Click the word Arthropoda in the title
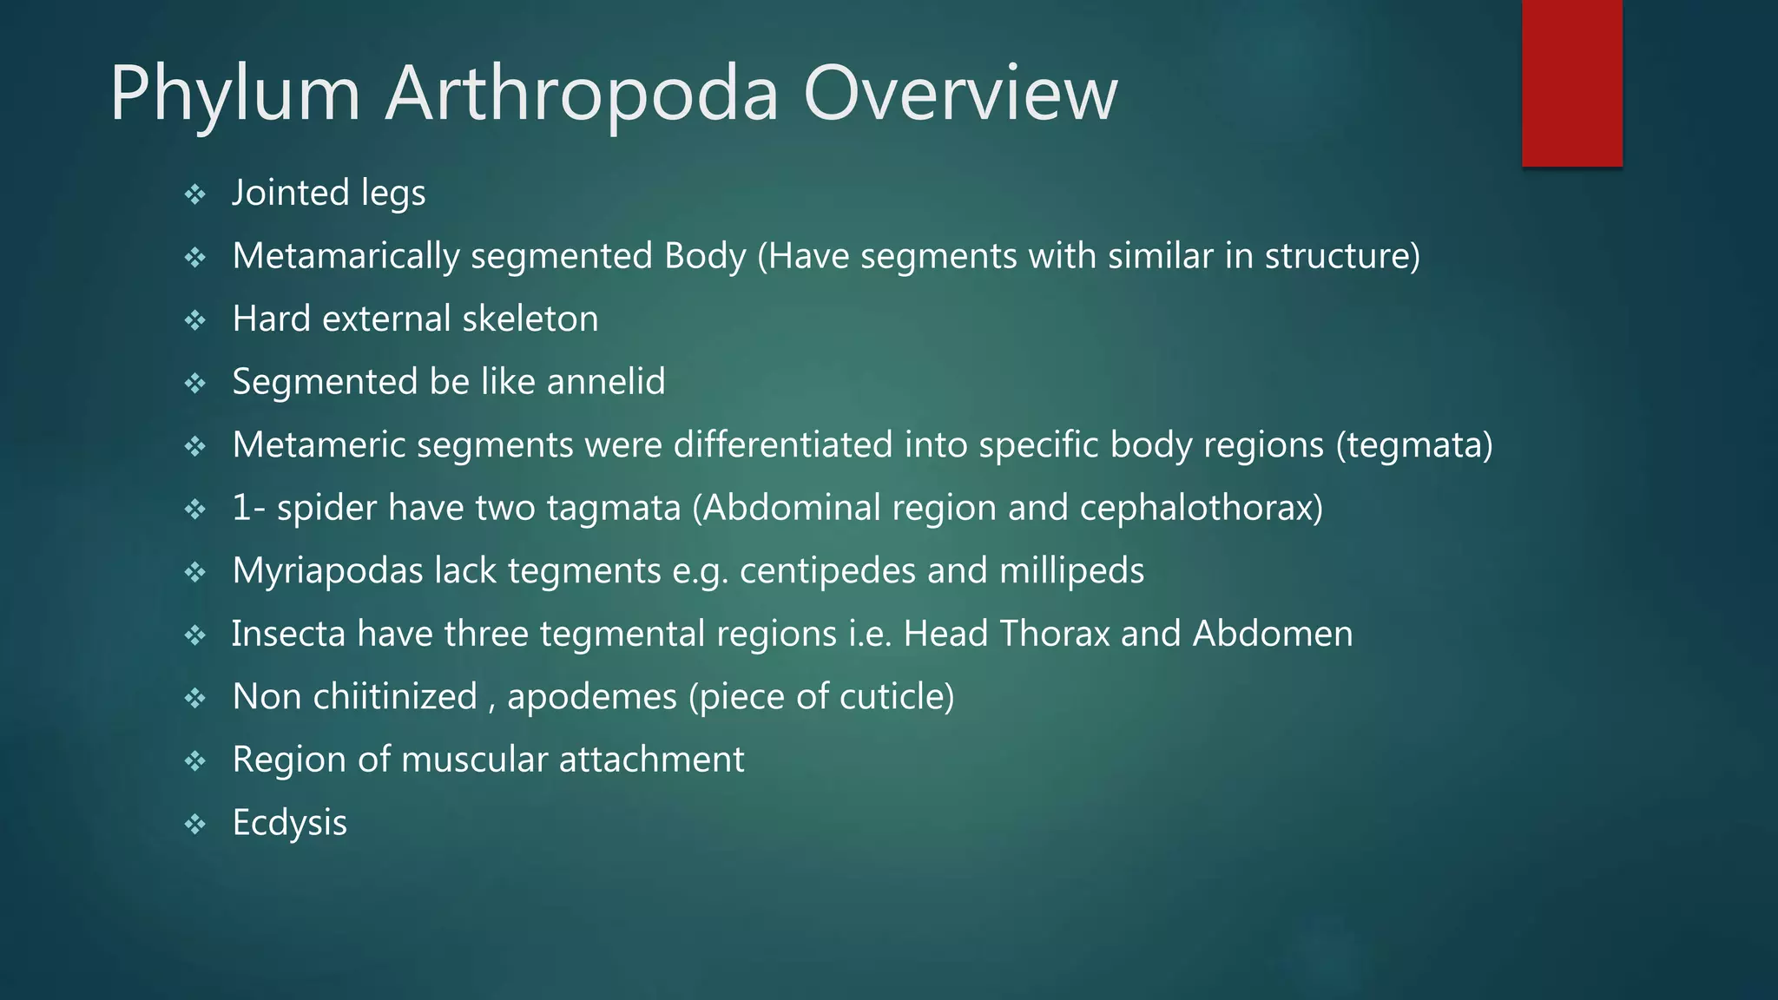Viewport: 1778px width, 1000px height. point(582,94)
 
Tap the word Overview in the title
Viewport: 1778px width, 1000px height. point(960,94)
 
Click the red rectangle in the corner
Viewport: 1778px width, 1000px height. point(1571,82)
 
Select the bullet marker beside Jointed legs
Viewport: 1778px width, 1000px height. point(195,194)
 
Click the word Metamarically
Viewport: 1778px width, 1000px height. point(346,257)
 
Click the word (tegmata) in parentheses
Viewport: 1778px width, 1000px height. point(1414,445)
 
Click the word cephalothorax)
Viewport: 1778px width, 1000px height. point(1202,509)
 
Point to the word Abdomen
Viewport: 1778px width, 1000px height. point(1272,635)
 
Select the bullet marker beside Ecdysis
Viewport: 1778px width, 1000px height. point(195,824)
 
